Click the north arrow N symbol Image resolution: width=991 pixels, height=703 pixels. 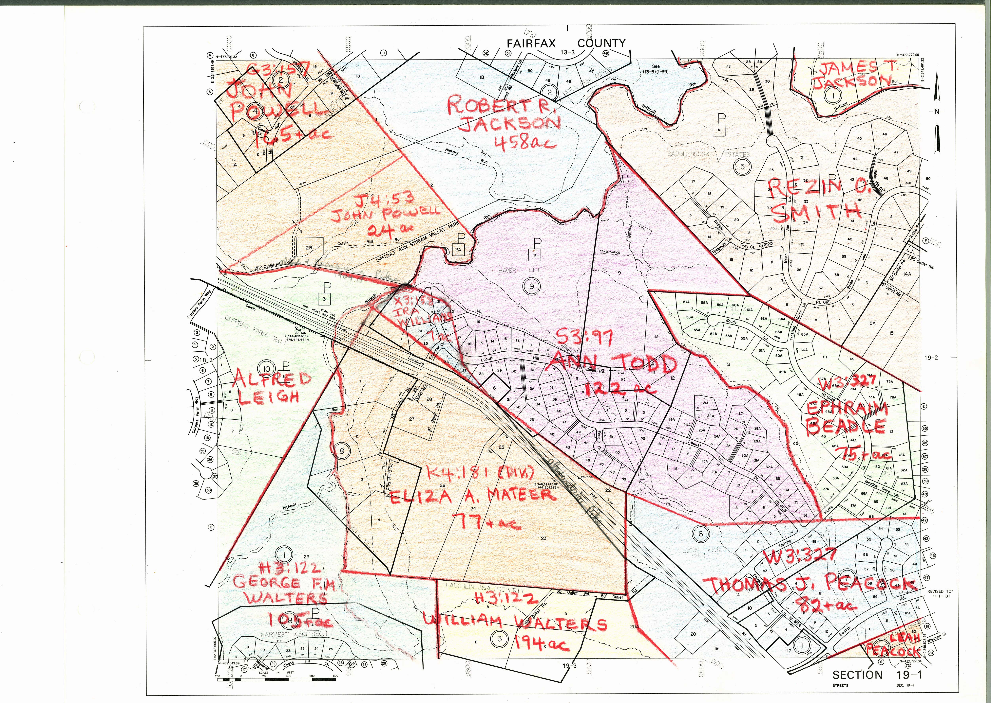click(x=936, y=112)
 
